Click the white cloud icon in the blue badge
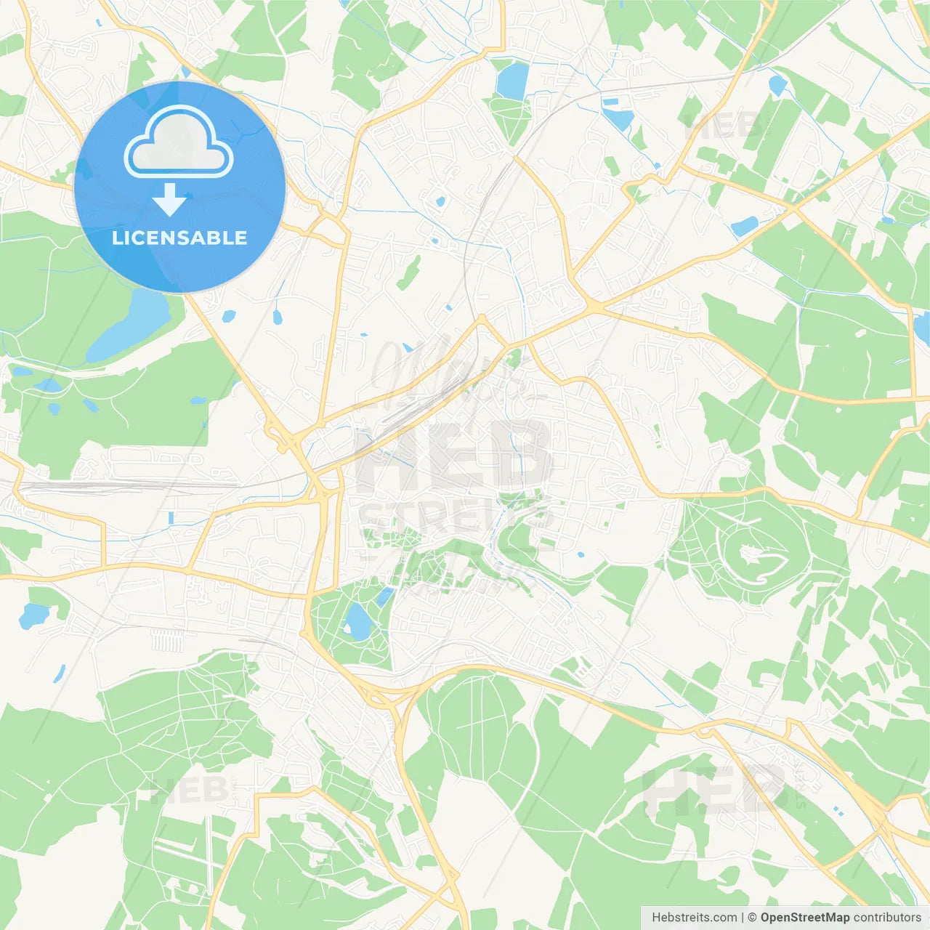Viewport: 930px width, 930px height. (x=179, y=143)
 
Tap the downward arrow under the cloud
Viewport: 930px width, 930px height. (x=170, y=200)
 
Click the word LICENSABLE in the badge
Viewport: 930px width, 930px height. (x=179, y=238)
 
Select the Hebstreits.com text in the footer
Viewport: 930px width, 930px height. (x=695, y=918)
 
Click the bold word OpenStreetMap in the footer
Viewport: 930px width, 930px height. (x=804, y=918)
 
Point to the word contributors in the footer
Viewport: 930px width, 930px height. (x=887, y=918)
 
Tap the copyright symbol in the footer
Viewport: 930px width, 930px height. (x=753, y=918)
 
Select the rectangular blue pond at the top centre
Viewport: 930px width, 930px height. (x=511, y=79)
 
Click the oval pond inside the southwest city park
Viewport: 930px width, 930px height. (x=357, y=622)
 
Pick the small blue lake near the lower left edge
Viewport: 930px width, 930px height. (x=32, y=616)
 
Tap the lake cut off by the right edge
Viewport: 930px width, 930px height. (x=922, y=326)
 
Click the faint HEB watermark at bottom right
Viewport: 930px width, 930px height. (x=716, y=788)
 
